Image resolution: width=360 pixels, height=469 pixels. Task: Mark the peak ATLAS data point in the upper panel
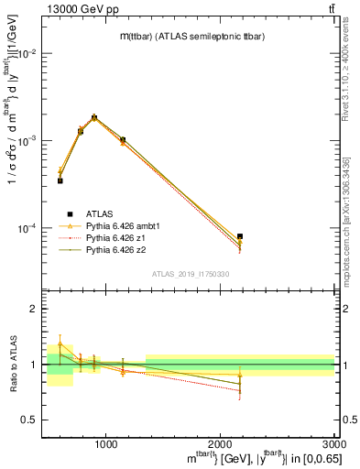click(x=94, y=117)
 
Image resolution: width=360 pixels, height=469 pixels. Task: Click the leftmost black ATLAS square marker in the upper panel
click(x=60, y=180)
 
